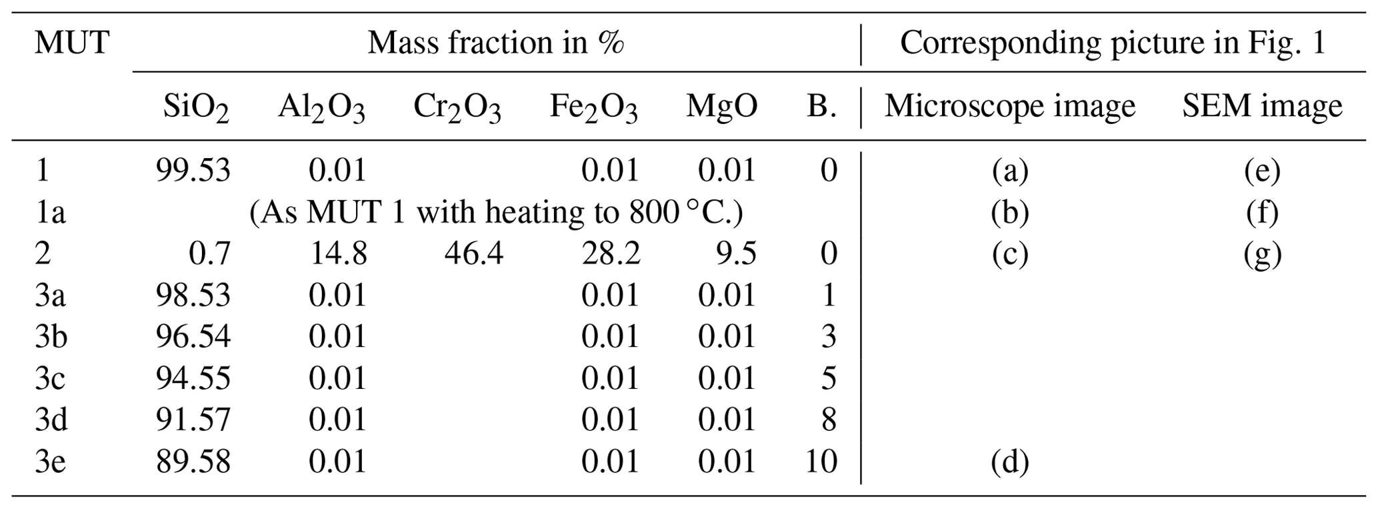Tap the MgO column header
721,107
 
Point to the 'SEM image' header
1262,107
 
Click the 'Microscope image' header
1009,107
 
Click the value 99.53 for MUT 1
193,171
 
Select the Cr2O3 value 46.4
473,254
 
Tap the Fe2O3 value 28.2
610,254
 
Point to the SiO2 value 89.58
193,462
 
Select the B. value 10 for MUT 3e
821,462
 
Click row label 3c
50,379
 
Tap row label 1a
50,213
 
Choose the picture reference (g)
1262,254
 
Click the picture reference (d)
1010,462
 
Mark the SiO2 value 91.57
193,420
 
